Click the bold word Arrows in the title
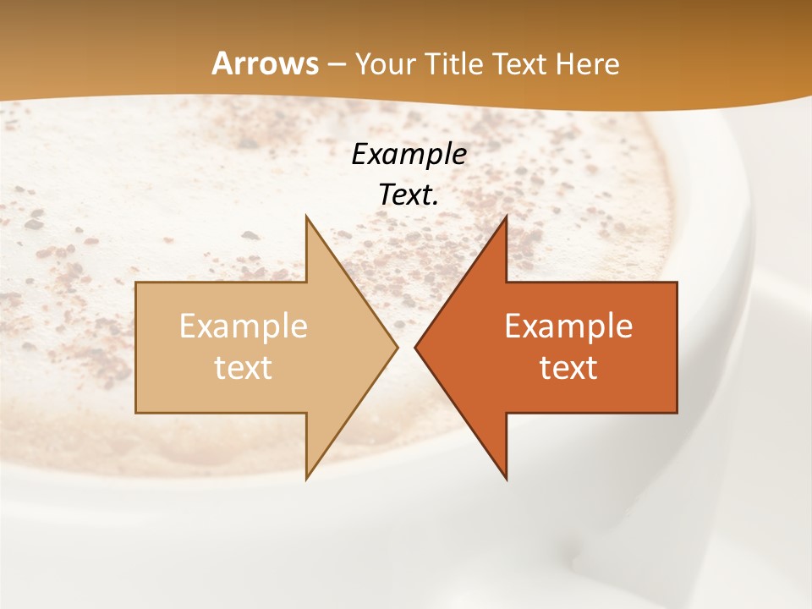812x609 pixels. click(265, 63)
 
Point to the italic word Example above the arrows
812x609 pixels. click(409, 155)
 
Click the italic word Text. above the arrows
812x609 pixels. click(409, 195)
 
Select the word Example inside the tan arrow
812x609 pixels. click(243, 326)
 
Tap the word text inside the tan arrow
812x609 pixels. click(243, 368)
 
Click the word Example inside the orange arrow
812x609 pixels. click(568, 326)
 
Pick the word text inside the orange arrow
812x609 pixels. click(568, 368)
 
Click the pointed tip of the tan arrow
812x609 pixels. click(397, 347)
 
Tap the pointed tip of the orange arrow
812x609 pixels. click(415, 347)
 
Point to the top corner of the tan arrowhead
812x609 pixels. click(306, 217)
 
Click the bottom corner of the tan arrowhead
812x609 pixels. click(306, 479)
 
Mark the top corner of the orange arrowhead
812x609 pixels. click(506, 217)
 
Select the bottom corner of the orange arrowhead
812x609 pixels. click(506, 479)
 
